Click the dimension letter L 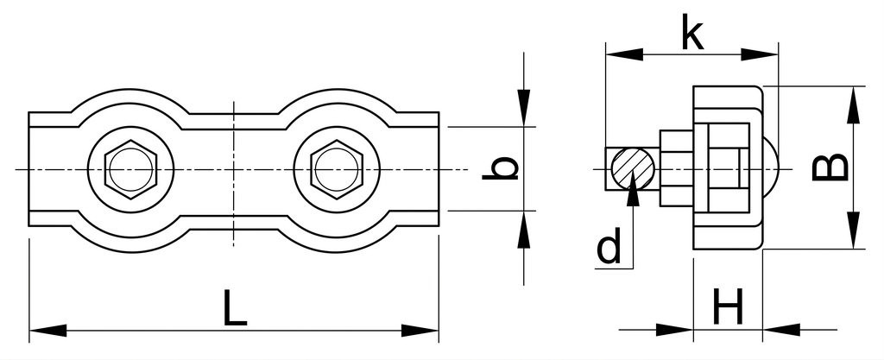(235, 307)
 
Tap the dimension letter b (500, 168)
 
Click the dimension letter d (609, 246)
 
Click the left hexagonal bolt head (131, 169)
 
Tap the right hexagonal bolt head (337, 169)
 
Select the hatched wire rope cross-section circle (633, 168)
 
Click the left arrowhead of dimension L (47, 331)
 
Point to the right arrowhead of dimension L (420, 331)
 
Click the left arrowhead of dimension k (624, 54)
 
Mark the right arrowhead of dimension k (760, 54)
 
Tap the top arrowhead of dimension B (854, 104)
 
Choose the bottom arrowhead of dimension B (854, 230)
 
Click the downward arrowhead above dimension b (524, 108)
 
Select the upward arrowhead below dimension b (524, 230)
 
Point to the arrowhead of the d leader (633, 186)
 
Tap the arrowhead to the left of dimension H (674, 330)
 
